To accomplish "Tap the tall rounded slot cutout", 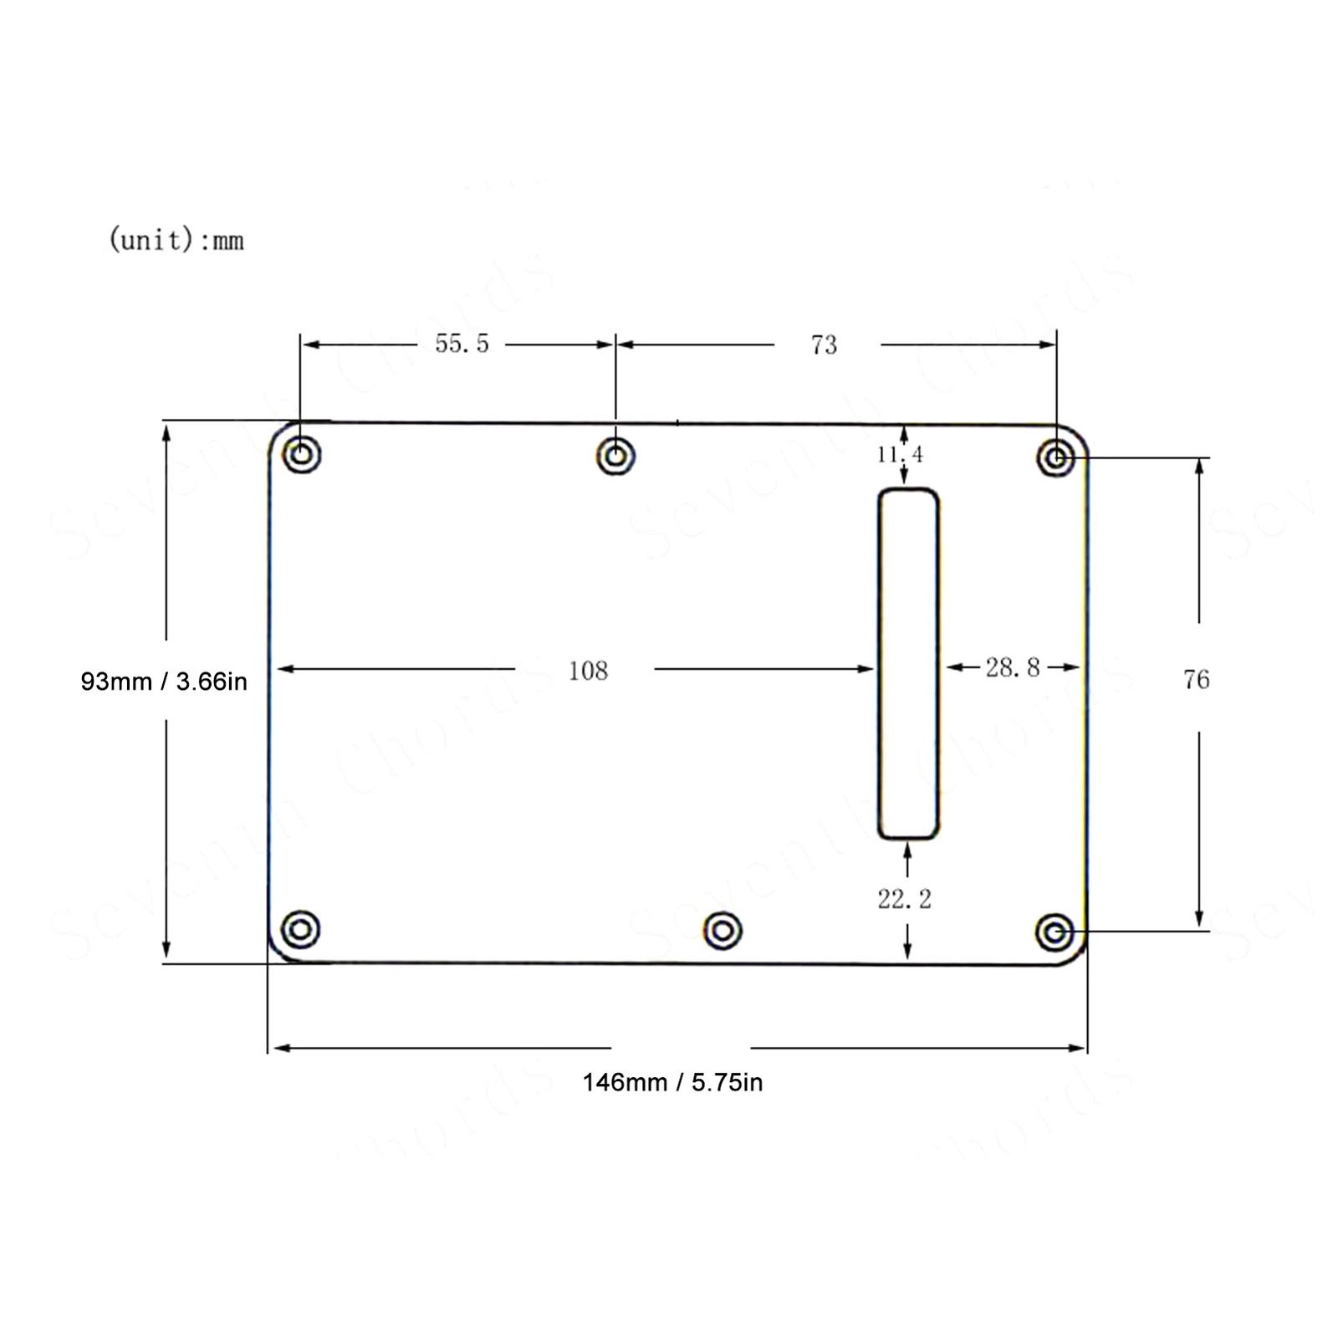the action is click(x=879, y=663).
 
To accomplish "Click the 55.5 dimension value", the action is click(x=462, y=344).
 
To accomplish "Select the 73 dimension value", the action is click(x=824, y=345).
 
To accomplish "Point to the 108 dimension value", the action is click(x=588, y=671).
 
